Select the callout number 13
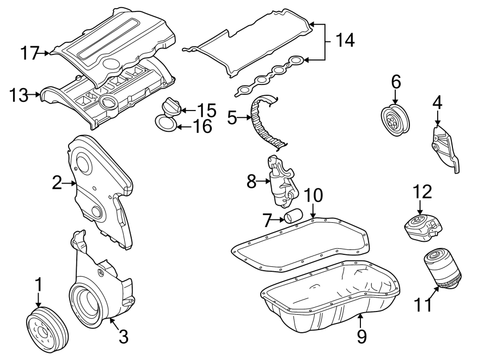click(x=19, y=95)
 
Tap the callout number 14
click(x=344, y=40)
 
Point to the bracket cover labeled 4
click(x=445, y=148)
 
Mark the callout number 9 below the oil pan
click(x=362, y=337)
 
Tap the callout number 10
click(x=314, y=195)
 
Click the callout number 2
click(x=57, y=184)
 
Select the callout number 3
click(x=124, y=337)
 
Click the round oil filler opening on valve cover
click(x=108, y=102)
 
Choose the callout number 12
click(x=422, y=192)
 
